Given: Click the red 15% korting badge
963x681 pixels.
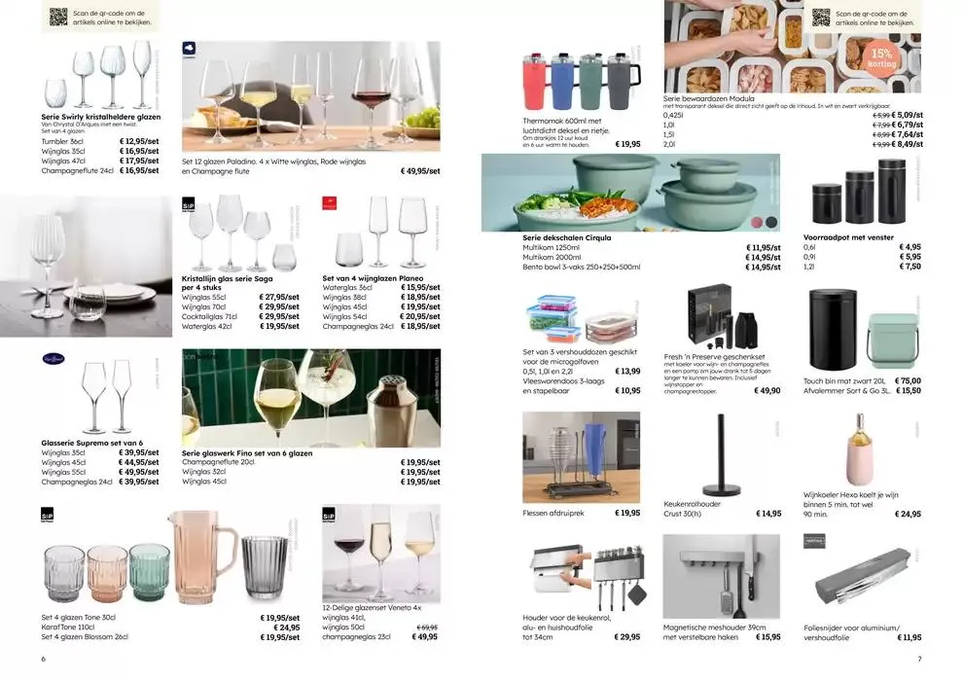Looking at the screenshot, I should click(881, 57).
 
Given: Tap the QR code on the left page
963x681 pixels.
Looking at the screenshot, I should click(58, 17).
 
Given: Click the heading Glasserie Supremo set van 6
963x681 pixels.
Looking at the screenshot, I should click(92, 443).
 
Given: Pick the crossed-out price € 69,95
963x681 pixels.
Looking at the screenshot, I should click(427, 627).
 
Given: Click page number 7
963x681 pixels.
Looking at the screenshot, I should click(918, 659).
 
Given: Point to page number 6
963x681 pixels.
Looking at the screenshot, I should click(44, 659).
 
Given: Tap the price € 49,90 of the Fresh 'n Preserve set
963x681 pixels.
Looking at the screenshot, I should click(767, 390).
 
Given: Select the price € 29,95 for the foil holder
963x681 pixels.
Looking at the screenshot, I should click(627, 637).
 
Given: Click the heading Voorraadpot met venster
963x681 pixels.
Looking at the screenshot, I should click(847, 236).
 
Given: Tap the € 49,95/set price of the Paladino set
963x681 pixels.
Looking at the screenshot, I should click(420, 170).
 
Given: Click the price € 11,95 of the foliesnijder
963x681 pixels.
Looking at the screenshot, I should click(910, 637).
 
